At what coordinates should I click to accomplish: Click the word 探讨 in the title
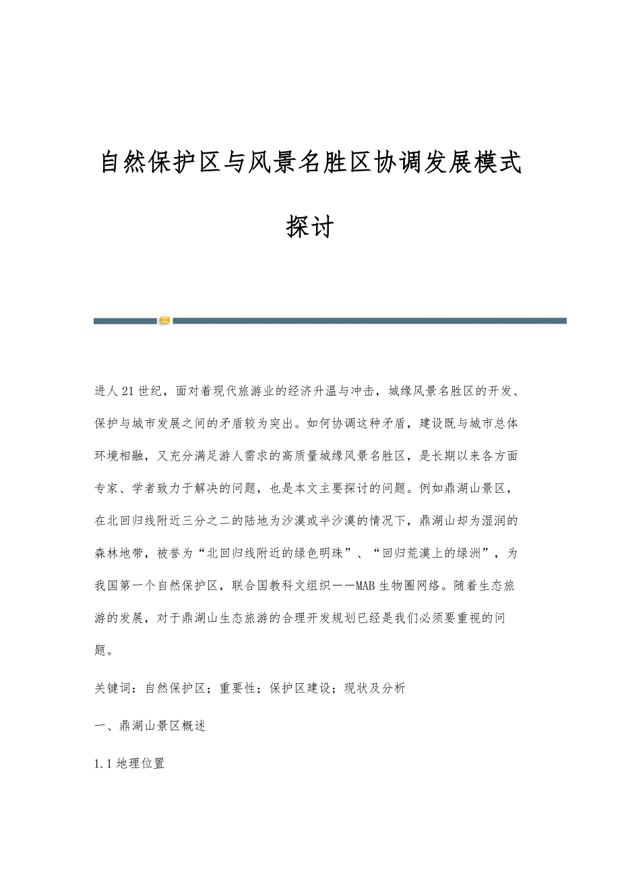coord(310,227)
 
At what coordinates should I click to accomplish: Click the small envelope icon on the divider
coord(164,320)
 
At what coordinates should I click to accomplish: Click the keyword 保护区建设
coord(298,689)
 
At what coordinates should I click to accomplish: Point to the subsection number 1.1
coord(103,764)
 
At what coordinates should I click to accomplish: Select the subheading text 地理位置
coord(140,764)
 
